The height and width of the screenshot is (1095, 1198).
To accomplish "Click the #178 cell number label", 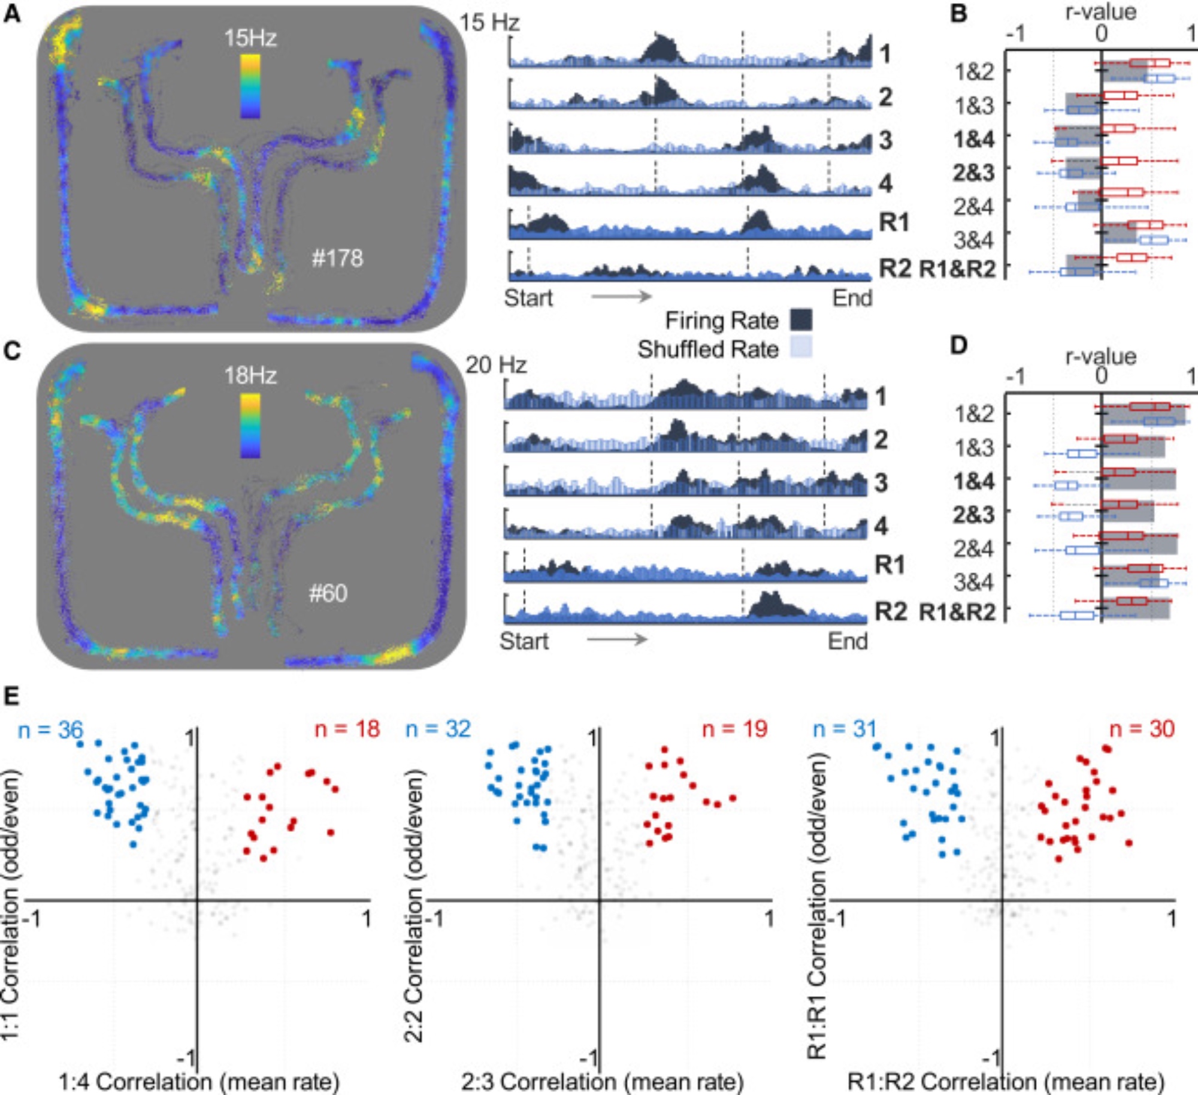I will pyautogui.click(x=337, y=258).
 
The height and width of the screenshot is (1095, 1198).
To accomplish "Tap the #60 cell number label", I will pyautogui.click(x=328, y=593).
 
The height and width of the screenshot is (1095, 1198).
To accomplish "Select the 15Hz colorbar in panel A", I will pyautogui.click(x=250, y=86).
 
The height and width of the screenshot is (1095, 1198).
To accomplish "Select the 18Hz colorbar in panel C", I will pyautogui.click(x=250, y=426).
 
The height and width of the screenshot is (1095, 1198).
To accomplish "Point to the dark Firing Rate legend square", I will pyautogui.click(x=801, y=320).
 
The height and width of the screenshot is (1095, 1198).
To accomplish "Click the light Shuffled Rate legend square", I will pyautogui.click(x=801, y=348).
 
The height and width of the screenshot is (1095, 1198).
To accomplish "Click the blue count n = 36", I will pyautogui.click(x=50, y=729).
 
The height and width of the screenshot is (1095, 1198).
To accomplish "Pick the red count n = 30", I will pyautogui.click(x=1142, y=729).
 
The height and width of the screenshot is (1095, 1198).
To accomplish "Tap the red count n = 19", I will pyautogui.click(x=734, y=729).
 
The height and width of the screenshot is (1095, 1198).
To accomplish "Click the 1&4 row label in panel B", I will pyautogui.click(x=974, y=139).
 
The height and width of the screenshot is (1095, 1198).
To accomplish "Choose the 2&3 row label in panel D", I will pyautogui.click(x=974, y=515).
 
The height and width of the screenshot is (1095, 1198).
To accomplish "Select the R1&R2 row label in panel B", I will pyautogui.click(x=957, y=269).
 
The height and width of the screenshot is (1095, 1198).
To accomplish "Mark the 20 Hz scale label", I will pyautogui.click(x=496, y=364).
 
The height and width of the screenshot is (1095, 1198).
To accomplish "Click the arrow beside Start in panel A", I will pyautogui.click(x=621, y=296).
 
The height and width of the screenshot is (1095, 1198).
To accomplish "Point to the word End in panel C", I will pyautogui.click(x=848, y=641).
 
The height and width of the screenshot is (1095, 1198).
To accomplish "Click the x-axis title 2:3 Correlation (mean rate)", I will pyautogui.click(x=602, y=1081).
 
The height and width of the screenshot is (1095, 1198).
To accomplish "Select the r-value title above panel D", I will pyautogui.click(x=1101, y=357).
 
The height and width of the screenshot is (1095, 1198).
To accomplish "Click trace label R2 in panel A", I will pyautogui.click(x=894, y=269).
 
